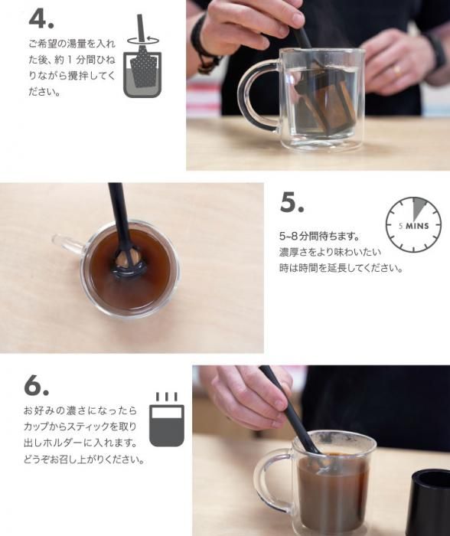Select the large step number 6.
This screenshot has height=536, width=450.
(36, 385)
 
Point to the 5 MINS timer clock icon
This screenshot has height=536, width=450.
(413, 224)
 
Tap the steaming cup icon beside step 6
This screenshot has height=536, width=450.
(167, 420)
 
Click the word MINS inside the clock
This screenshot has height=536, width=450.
(417, 226)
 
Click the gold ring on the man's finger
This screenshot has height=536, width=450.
(397, 71)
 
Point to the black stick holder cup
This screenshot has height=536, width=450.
(431, 502)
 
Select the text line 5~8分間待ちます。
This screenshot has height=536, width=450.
(319, 236)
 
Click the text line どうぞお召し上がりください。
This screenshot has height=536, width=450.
(84, 459)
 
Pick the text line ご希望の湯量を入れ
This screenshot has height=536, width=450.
(72, 44)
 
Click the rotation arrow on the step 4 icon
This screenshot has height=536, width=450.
(143, 40)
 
